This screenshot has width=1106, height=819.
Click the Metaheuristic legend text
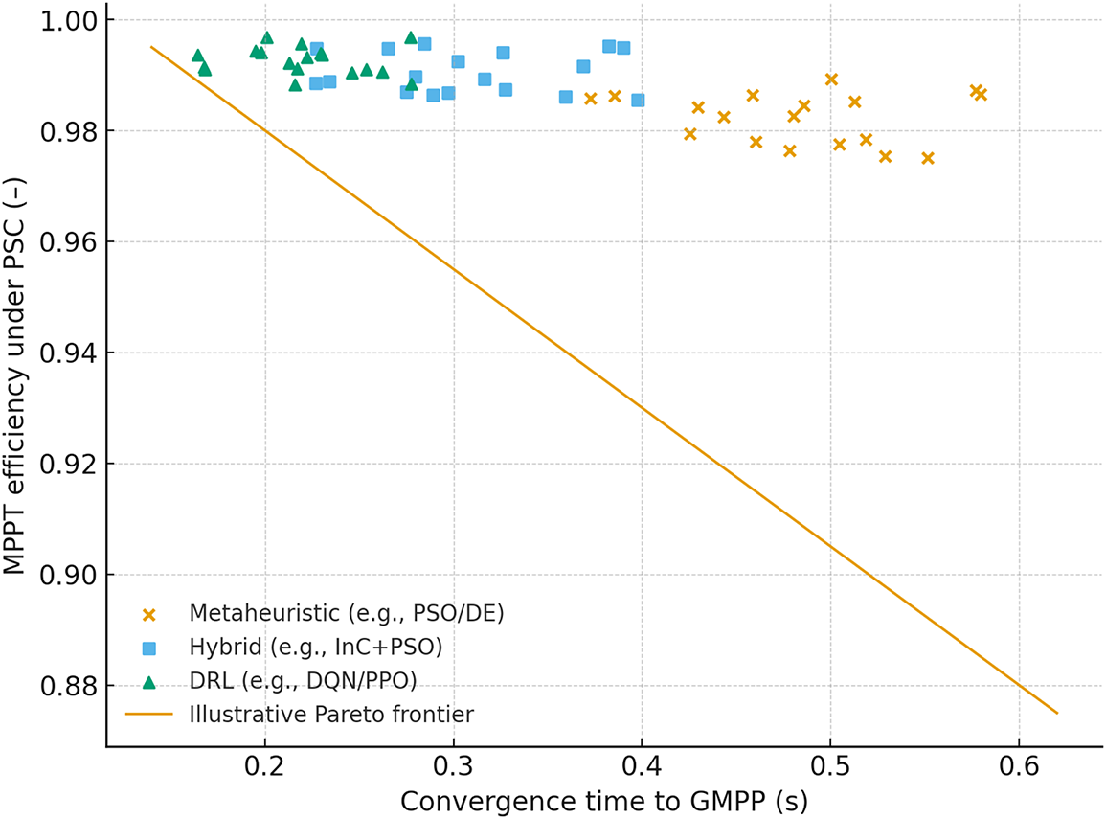pos(347,612)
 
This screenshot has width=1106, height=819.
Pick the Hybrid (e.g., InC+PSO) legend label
pos(315,647)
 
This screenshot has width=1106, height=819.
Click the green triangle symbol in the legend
pos(148,680)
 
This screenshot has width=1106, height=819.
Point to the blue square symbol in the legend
pos(148,648)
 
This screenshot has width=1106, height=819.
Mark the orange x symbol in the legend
pos(148,613)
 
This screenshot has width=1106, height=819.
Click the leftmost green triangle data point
pos(197,56)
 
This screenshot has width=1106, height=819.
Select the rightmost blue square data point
pos(638,100)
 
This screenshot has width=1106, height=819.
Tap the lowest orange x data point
pos(927,158)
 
